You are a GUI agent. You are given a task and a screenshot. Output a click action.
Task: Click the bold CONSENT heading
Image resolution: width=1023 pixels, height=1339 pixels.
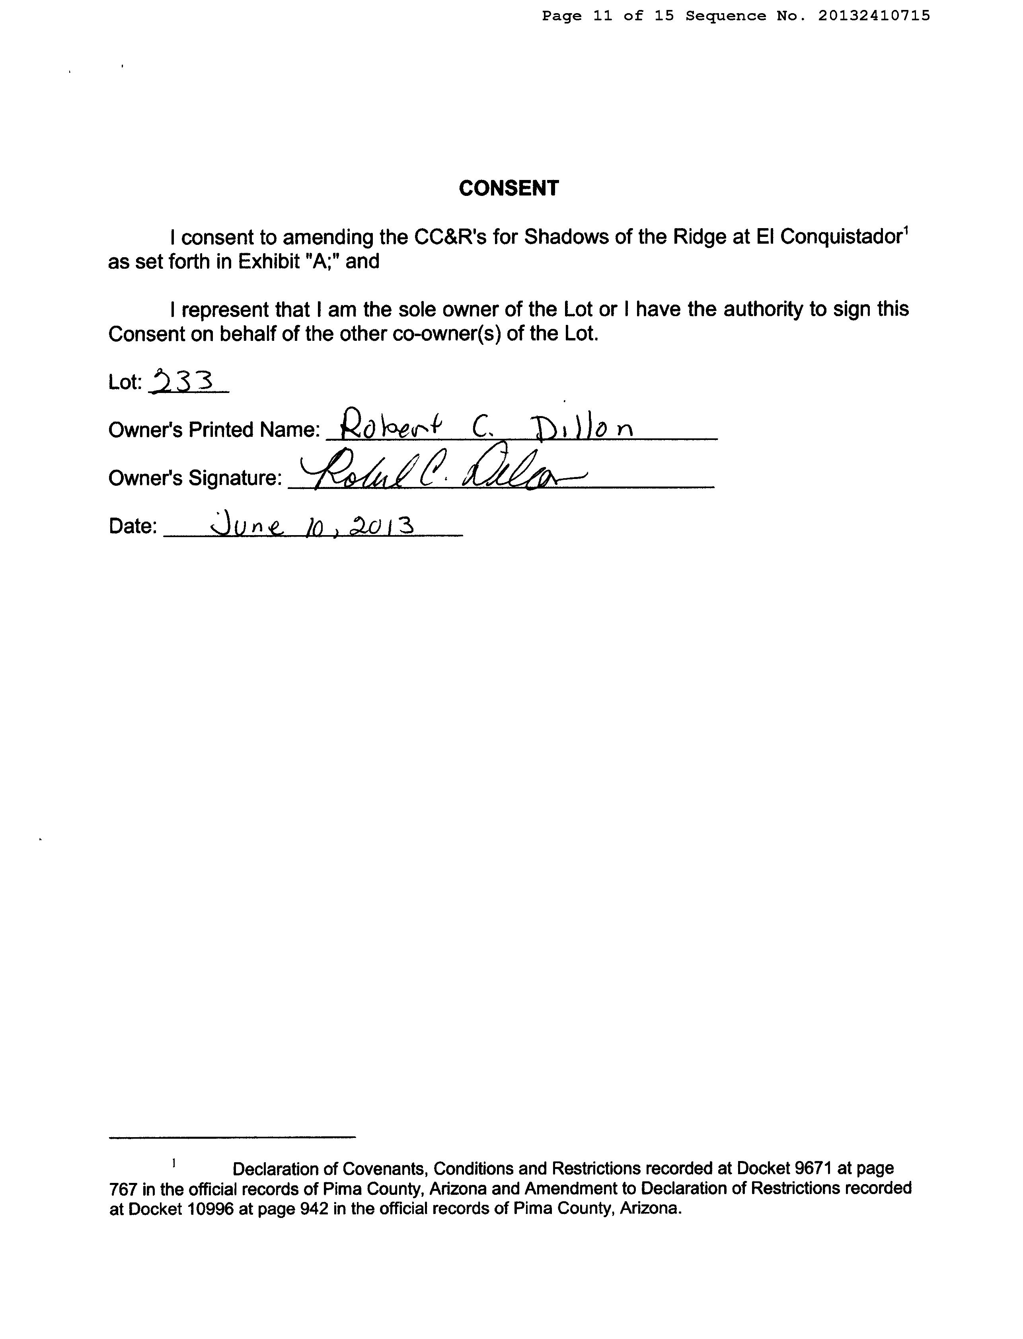[509, 189]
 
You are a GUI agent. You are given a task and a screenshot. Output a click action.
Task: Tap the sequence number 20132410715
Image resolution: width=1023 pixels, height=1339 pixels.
[874, 16]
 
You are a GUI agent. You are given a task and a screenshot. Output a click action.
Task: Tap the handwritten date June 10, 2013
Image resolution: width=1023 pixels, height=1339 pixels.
[312, 524]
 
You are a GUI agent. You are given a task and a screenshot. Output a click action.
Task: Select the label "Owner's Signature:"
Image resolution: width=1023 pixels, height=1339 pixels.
[195, 478]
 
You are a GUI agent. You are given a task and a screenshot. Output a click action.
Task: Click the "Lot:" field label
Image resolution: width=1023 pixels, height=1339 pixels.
[125, 383]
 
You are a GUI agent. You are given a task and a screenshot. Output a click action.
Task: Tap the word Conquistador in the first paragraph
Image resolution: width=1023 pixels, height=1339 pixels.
[840, 237]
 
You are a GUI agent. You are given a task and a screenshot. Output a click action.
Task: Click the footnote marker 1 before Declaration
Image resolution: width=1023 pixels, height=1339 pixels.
[173, 1163]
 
